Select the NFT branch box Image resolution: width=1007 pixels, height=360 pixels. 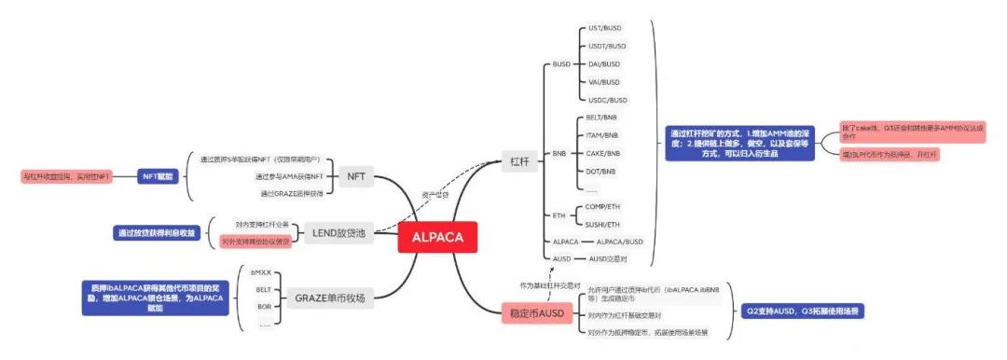356,175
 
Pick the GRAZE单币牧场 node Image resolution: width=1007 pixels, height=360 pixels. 328,298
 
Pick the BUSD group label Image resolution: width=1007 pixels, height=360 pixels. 561,64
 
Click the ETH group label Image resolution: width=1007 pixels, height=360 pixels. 559,215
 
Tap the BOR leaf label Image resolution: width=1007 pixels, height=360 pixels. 264,305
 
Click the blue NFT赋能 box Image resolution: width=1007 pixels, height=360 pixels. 157,175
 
